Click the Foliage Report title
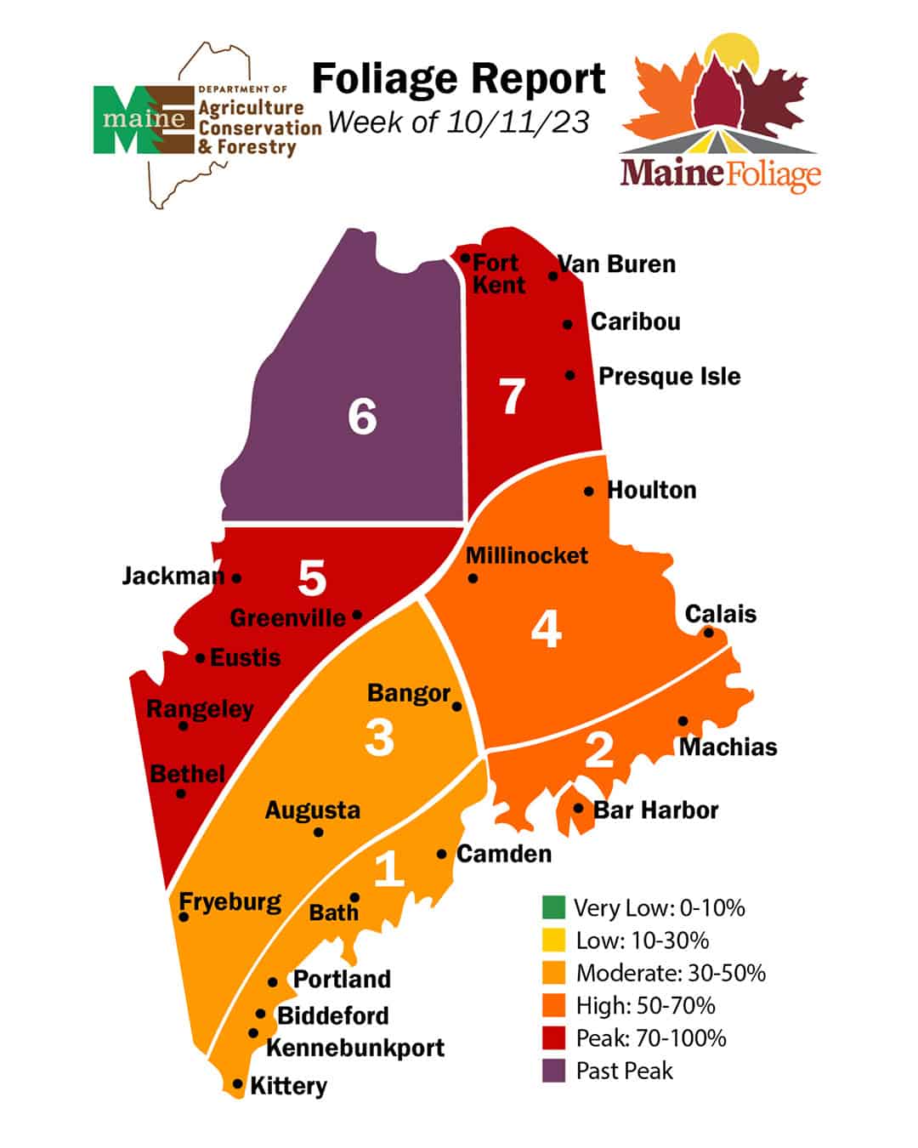click(x=458, y=79)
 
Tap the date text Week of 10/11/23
click(x=458, y=122)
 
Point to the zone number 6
click(x=362, y=417)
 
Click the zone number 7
click(x=512, y=397)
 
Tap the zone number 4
click(x=546, y=630)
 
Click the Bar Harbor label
click(x=655, y=810)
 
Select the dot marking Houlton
click(x=589, y=492)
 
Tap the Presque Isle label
click(x=669, y=377)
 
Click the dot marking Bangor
click(x=457, y=707)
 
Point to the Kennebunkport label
click(x=355, y=1048)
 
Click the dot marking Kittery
click(x=238, y=1084)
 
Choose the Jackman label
click(x=173, y=577)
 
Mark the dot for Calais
click(x=708, y=633)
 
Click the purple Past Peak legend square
click(x=553, y=1071)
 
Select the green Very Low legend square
click(x=553, y=907)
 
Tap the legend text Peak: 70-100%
click(x=650, y=1038)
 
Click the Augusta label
click(x=312, y=810)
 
